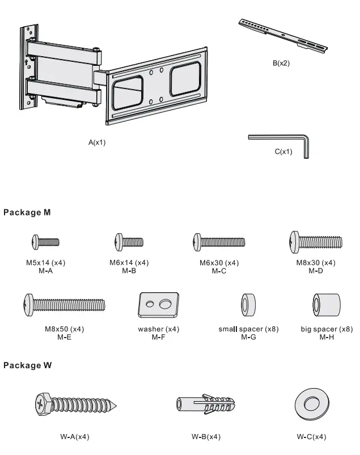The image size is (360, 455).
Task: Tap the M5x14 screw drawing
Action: tap(45, 242)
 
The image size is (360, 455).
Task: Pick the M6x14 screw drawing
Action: tap(129, 242)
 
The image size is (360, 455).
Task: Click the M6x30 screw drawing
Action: tap(219, 242)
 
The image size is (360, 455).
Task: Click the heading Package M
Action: tap(27, 213)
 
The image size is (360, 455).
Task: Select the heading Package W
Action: tap(28, 365)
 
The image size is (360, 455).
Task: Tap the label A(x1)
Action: tap(97, 142)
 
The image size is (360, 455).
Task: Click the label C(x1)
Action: tap(283, 152)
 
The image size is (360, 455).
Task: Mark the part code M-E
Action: tap(65, 337)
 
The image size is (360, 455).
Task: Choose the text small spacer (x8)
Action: tap(248, 329)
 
